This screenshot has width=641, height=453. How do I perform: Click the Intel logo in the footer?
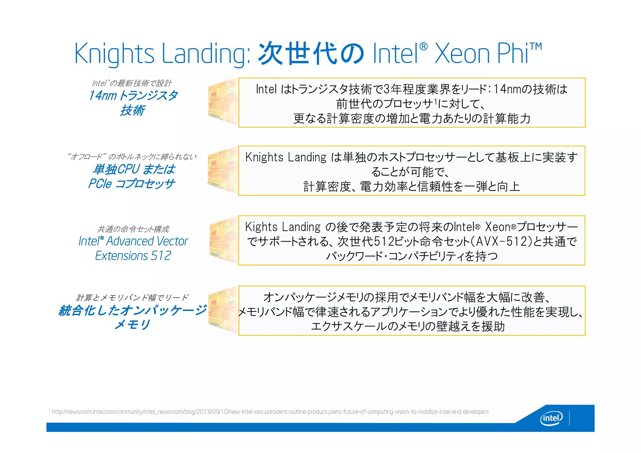[551, 418]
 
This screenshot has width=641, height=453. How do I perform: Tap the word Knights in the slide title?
[114, 53]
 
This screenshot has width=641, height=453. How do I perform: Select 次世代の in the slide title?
[311, 53]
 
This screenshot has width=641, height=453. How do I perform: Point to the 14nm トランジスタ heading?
[133, 95]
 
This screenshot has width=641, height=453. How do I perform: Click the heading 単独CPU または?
[134, 169]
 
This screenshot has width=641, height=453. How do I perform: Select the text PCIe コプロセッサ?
[131, 184]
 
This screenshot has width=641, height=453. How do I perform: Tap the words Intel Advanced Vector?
[133, 241]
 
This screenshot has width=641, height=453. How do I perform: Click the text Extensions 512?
[133, 256]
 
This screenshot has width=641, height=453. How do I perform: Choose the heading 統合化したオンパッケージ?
[133, 310]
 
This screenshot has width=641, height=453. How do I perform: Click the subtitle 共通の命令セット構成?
[133, 229]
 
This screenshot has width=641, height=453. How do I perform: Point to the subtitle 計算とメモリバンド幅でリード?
[132, 298]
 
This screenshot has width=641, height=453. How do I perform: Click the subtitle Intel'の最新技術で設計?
[132, 83]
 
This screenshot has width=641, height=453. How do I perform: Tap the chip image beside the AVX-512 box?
[223, 241]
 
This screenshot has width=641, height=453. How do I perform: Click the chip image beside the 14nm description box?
[223, 102]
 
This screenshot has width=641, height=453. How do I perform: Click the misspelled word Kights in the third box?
[261, 227]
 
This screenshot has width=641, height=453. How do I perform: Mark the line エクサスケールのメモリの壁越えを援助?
[408, 326]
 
